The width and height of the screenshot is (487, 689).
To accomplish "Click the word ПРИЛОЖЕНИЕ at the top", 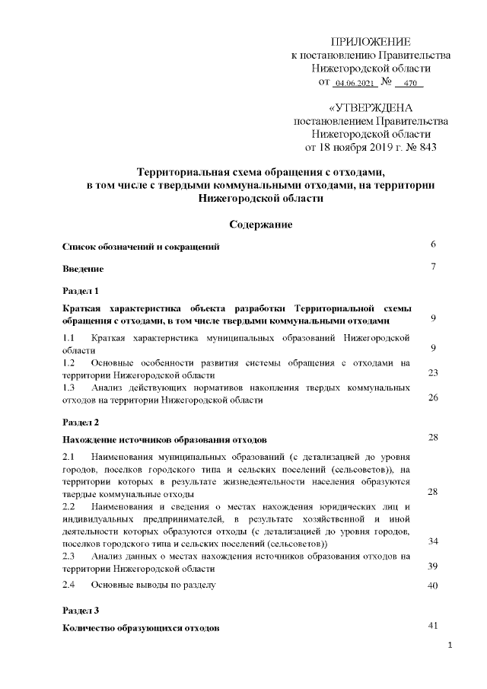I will click(x=371, y=41).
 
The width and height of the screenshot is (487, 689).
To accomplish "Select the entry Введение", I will click(x=82, y=269).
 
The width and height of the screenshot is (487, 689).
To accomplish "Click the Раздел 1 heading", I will click(x=81, y=291).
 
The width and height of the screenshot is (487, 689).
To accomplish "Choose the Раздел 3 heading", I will click(x=81, y=610).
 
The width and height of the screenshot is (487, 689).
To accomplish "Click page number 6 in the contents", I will click(x=432, y=245).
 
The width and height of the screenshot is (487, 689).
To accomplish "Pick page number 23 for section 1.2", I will click(x=432, y=373).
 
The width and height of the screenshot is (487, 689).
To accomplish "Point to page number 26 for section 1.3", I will click(x=432, y=397).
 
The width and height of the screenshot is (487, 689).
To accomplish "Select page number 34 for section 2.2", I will click(x=432, y=541).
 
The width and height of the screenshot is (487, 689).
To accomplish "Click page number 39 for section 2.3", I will click(x=432, y=566).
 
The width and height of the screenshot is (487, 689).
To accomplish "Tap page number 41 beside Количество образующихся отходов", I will click(x=432, y=626).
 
